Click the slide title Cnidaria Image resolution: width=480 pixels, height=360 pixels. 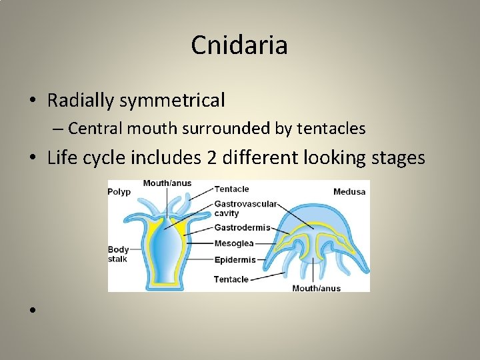coord(239,45)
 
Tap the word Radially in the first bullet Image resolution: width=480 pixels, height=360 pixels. coord(82,101)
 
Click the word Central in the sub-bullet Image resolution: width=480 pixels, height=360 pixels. coord(90,128)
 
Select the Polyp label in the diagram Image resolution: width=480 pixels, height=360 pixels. coord(119,192)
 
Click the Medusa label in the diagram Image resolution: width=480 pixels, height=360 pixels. coord(349,192)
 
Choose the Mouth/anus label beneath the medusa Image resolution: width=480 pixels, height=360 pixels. coord(316,288)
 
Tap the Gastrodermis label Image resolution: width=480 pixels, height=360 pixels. coord(242,227)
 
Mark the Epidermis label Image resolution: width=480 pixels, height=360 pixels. coord(235,259)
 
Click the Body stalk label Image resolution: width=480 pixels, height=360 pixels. coord(118,254)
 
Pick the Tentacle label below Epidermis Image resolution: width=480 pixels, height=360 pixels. coord(231,279)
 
